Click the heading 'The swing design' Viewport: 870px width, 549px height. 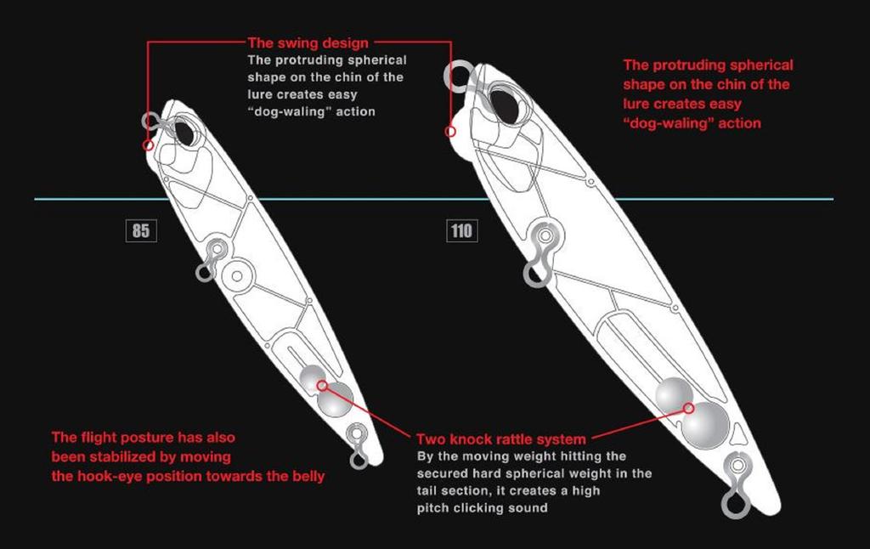coord(309,42)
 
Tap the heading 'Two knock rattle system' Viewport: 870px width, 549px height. coord(500,439)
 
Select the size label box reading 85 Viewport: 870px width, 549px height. coord(140,229)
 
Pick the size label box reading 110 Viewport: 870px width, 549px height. coord(461,229)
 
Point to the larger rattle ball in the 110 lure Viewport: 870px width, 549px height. coord(705,423)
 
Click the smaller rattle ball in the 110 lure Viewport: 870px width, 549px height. coord(675,393)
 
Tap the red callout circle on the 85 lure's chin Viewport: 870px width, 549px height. coord(149,145)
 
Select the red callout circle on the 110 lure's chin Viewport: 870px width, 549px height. coord(450,131)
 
